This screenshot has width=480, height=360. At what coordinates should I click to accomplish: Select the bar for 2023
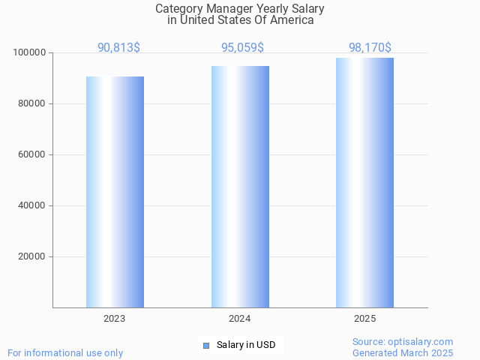pyautogui.click(x=115, y=192)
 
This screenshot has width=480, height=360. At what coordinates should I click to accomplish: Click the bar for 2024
pyautogui.click(x=240, y=187)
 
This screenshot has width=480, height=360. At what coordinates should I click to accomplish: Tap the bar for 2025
pyautogui.click(x=364, y=182)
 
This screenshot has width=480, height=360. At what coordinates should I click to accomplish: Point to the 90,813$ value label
pyautogui.click(x=118, y=48)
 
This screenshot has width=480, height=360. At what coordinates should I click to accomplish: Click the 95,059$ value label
pyautogui.click(x=242, y=48)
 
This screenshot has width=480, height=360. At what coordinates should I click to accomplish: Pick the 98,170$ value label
pyautogui.click(x=370, y=48)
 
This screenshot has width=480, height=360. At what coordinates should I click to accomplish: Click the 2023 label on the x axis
pyautogui.click(x=115, y=319)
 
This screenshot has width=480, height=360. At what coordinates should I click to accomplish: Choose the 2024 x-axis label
pyautogui.click(x=240, y=319)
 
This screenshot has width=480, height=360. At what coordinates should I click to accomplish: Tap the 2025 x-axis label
pyautogui.click(x=364, y=319)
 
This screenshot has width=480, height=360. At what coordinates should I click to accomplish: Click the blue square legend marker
pyautogui.click(x=206, y=345)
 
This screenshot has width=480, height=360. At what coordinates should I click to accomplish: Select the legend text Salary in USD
pyautogui.click(x=246, y=345)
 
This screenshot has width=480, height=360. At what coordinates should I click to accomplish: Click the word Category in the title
pyautogui.click(x=178, y=9)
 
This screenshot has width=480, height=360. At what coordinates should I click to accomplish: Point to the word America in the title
pyautogui.click(x=291, y=20)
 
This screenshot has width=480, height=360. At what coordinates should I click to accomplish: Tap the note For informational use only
pyautogui.click(x=65, y=352)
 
